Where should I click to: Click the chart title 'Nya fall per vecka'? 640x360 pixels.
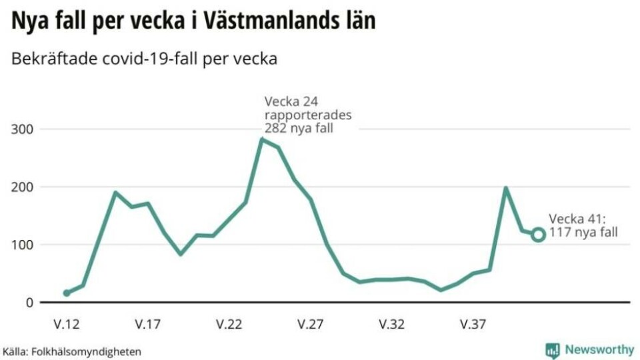coord(193,21)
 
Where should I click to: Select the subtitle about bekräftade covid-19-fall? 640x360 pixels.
coord(144,59)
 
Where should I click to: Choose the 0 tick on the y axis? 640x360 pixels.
coord(31,303)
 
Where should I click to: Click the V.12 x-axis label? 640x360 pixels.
coord(66,325)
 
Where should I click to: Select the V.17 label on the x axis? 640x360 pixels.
coord(147,325)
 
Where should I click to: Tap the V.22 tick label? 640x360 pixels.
coord(229,325)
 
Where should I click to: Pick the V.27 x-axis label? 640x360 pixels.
coord(311,325)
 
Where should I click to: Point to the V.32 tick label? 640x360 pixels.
coord(392,325)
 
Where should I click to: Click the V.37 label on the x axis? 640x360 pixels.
coord(473,325)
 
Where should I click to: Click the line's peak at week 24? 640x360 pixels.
coord(262,139)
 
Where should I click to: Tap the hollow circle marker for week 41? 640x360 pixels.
coord(538,235)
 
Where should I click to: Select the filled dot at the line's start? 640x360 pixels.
coord(67,293)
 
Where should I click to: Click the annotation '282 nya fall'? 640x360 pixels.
coord(299,127)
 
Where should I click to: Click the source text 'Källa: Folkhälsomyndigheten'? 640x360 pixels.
coord(72,351)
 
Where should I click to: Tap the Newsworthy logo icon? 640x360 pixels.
coord(552,350)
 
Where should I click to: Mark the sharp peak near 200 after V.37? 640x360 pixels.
coord(506,189)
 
